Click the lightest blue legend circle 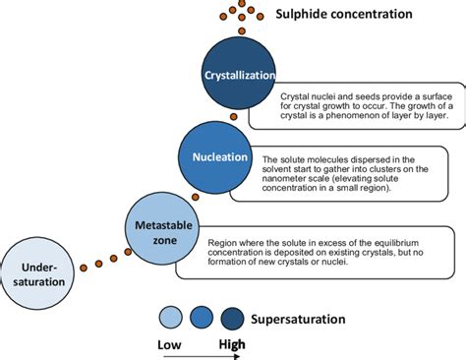pos(171,318)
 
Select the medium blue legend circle pos(203,318)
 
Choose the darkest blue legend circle pos(234,318)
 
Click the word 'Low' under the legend pos(171,343)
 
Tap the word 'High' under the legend pos(232,343)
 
